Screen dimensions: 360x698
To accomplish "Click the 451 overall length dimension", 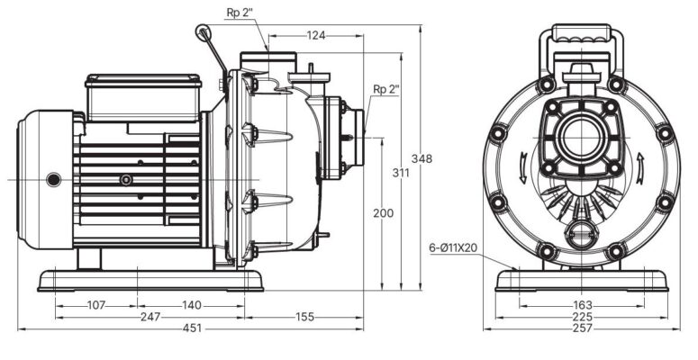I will [192, 328].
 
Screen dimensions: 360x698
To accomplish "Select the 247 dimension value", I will [150, 317].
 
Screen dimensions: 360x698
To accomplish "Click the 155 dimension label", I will [304, 317].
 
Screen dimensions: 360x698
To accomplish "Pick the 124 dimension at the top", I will [315, 35].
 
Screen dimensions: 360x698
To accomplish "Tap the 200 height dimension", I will [383, 213].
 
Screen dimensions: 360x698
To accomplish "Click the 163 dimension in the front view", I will [582, 305].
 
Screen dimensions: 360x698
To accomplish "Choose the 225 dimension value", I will [582, 317].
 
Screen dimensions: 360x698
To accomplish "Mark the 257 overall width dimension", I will [582, 328].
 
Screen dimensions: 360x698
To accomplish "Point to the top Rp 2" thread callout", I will [238, 13].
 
